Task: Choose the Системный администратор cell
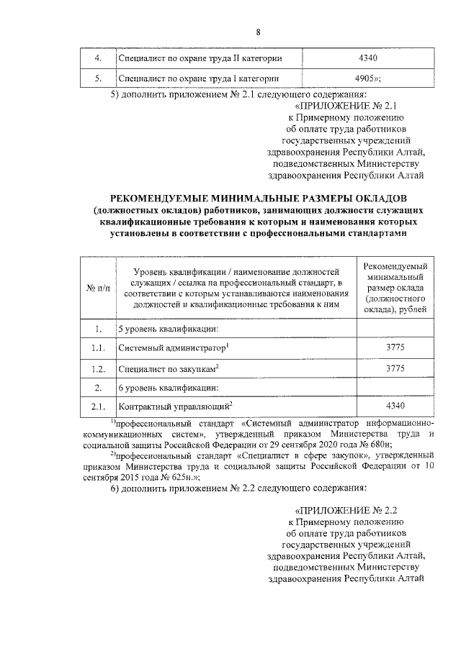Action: point(173,349)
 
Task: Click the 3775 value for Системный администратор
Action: point(397,349)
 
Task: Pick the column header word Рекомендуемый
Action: point(397,266)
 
